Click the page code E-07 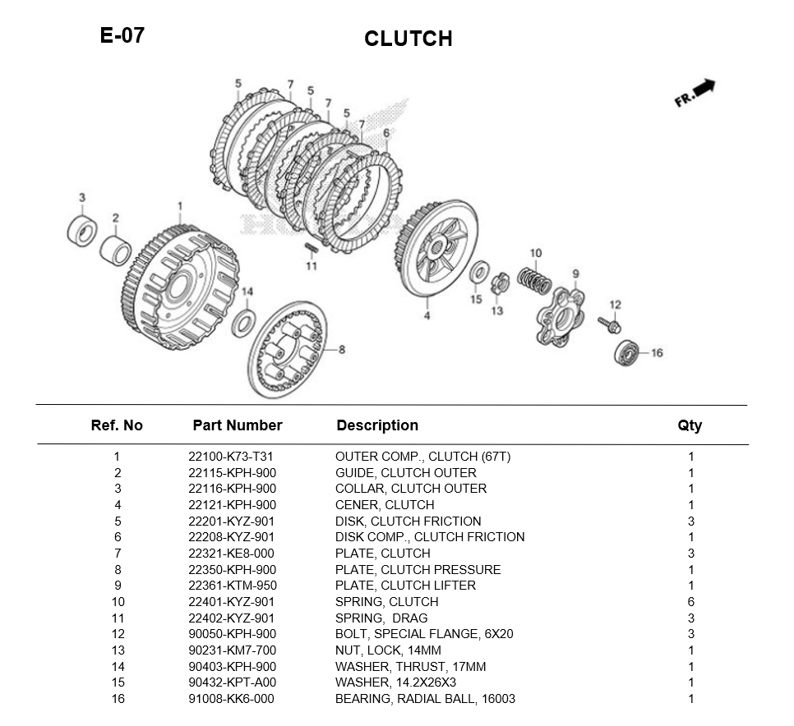[x=122, y=35]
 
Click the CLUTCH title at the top [x=409, y=39]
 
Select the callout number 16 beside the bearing [x=657, y=352]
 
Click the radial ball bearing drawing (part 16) [x=626, y=352]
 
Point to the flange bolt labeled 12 [x=610, y=324]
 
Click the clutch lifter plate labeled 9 [x=560, y=317]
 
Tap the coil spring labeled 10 [x=534, y=280]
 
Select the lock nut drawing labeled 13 [x=499, y=284]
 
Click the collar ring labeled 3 [x=82, y=231]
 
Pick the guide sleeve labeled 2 [x=115, y=250]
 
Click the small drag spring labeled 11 [x=311, y=248]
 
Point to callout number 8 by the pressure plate [x=342, y=350]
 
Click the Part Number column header [x=238, y=425]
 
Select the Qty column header [x=690, y=426]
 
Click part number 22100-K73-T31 [x=231, y=457]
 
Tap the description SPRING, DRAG [x=381, y=618]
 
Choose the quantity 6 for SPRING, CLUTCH [x=690, y=602]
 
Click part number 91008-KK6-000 [x=232, y=699]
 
